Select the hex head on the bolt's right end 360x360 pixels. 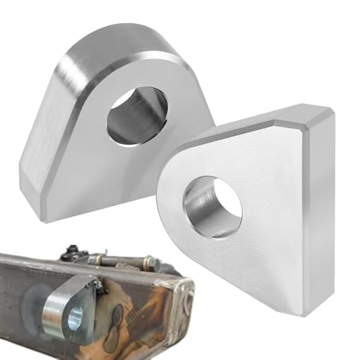click(x=153, y=265)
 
